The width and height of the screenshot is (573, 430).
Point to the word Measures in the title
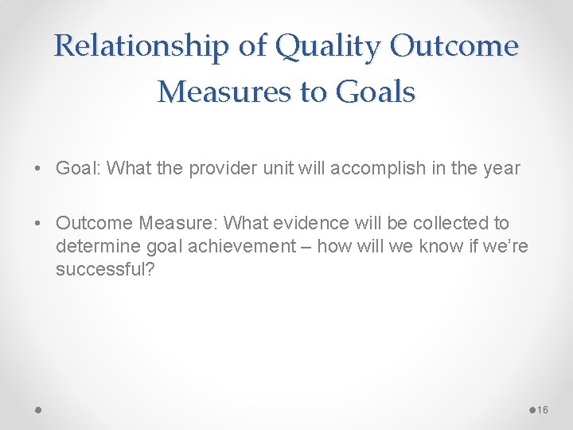[224, 92]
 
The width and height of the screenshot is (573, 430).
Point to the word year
[501, 169]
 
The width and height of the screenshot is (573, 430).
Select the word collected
[441, 224]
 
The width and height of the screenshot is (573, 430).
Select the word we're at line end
[507, 247]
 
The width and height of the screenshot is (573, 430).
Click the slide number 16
[543, 409]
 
